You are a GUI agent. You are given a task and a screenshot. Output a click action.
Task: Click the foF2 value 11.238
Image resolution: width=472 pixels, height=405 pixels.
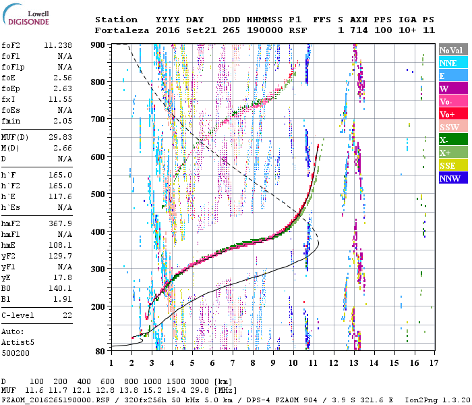(x=59, y=45)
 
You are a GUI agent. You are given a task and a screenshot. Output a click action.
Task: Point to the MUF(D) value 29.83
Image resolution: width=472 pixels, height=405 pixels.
(x=61, y=137)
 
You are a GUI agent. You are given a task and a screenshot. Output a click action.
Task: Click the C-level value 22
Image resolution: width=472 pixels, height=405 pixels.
(x=67, y=315)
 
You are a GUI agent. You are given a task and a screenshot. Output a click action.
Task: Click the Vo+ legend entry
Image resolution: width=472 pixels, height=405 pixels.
(x=447, y=115)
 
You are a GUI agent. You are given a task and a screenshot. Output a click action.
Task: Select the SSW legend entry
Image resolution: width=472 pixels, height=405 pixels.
(x=449, y=128)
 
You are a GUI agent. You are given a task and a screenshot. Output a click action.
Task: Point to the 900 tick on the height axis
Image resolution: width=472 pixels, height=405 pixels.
(x=99, y=45)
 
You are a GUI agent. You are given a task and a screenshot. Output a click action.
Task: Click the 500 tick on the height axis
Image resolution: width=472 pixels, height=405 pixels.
(x=99, y=194)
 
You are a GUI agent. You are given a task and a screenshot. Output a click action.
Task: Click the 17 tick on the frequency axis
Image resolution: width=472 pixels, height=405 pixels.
(x=432, y=362)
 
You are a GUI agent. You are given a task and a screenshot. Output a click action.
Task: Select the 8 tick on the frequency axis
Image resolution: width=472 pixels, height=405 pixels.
(x=253, y=362)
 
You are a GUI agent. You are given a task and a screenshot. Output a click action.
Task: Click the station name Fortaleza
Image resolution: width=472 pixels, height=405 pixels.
(x=117, y=30)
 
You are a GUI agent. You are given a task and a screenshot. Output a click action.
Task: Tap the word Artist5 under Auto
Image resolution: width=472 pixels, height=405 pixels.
(x=18, y=342)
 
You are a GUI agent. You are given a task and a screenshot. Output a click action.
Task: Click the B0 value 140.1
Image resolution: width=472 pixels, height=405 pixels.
(x=61, y=288)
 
